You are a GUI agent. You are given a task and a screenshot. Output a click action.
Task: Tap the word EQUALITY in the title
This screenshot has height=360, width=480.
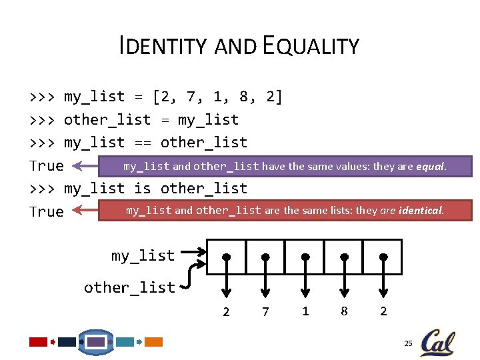pyautogui.click(x=311, y=46)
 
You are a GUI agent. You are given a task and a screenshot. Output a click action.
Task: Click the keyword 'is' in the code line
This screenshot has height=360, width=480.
pyautogui.click(x=142, y=189)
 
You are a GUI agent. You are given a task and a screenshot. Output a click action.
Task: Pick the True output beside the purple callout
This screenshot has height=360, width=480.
pyautogui.click(x=47, y=166)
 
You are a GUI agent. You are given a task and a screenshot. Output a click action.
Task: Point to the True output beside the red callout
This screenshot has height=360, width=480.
pyautogui.click(x=47, y=212)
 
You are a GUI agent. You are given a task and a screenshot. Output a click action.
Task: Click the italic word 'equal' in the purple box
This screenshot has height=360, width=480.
pyautogui.click(x=430, y=166)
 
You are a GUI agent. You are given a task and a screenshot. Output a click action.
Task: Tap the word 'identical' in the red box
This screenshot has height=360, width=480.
pyautogui.click(x=419, y=211)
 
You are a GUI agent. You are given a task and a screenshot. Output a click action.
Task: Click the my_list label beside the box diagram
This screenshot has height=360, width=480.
pyautogui.click(x=143, y=256)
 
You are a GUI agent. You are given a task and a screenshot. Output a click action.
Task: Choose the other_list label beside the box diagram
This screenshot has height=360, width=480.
pyautogui.click(x=129, y=288)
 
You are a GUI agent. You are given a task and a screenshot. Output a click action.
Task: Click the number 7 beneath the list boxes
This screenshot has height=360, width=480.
pyautogui.click(x=265, y=311)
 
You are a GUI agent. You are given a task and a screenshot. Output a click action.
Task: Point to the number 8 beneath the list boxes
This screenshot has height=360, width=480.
pyautogui.click(x=344, y=311)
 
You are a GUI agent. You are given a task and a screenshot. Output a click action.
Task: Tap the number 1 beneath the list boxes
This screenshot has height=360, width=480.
pyautogui.click(x=305, y=311)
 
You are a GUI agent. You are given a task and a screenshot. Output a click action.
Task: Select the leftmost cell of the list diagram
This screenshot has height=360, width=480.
pyautogui.click(x=227, y=257)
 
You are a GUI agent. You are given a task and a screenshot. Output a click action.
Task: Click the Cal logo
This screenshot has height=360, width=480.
pyautogui.click(x=437, y=343)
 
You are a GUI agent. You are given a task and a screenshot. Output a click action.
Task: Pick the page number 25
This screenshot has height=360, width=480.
pyautogui.click(x=408, y=343)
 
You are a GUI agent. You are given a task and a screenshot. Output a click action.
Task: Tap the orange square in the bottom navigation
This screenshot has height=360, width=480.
pyautogui.click(x=154, y=342)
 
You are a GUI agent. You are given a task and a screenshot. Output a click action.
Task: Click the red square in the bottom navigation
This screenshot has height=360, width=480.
pyautogui.click(x=39, y=342)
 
